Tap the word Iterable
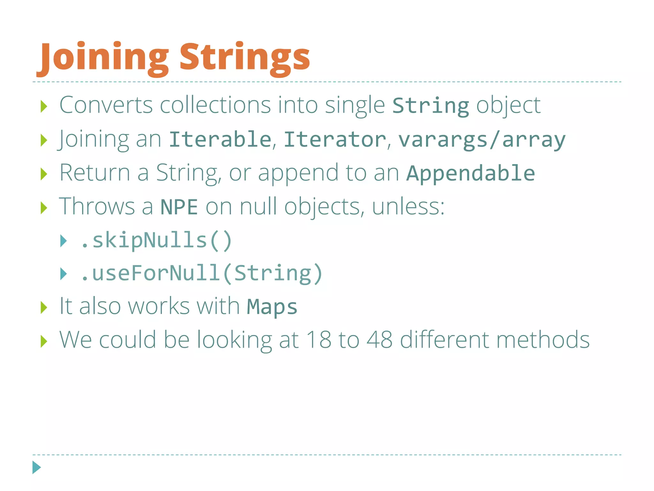tap(220, 139)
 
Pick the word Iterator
tap(335, 139)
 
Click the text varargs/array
tap(482, 140)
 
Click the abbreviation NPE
tap(179, 207)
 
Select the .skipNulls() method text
tap(156, 240)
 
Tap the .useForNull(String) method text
tap(202, 274)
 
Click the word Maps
tap(272, 307)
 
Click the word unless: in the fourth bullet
tap(408, 207)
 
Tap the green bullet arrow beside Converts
tap(44, 106)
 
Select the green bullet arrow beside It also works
tap(44, 308)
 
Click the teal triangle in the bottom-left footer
tap(36, 467)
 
